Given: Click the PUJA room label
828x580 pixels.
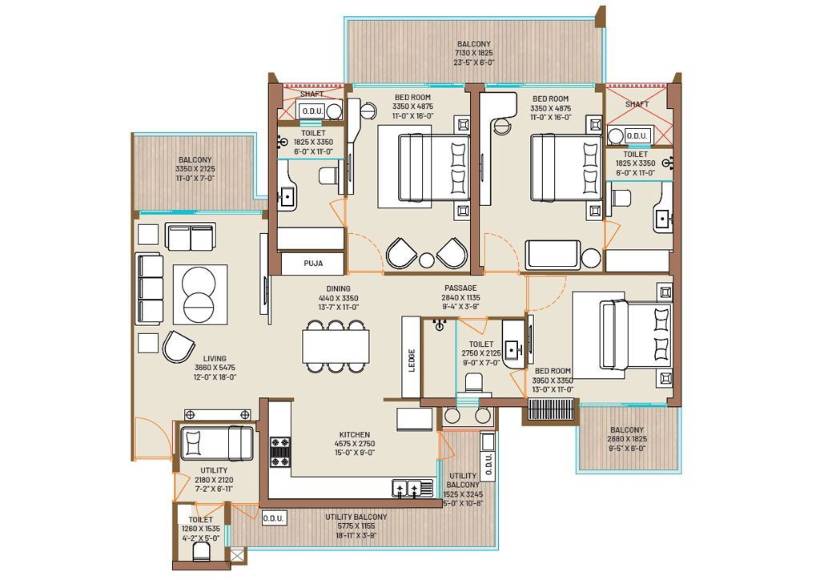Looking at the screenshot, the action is [313, 263].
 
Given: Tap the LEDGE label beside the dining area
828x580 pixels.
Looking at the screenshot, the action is [412, 360].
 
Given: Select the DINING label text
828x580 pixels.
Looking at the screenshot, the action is [339, 288].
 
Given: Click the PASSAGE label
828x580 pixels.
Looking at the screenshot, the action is [460, 288].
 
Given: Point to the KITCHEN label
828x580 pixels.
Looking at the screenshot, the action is [355, 434].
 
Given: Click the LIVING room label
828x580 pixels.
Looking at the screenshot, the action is [215, 358].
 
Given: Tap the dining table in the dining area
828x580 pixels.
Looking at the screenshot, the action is [336, 347].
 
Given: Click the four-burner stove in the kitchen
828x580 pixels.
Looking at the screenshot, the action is [280, 452].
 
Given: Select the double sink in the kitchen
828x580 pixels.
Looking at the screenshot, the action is [407, 489].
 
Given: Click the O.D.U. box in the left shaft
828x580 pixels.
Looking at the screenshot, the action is [312, 111].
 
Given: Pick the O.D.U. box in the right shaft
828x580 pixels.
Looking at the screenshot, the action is [637, 135].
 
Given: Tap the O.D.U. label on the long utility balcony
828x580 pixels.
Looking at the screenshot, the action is [274, 518].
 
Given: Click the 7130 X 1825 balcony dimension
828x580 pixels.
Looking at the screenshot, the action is [474, 53].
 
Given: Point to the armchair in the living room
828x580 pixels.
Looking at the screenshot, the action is [178, 347].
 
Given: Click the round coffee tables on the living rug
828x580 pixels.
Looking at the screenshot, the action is [198, 294].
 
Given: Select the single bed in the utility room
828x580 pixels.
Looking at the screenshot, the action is [217, 443].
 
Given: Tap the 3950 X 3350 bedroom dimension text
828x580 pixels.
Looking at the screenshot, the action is [553, 381].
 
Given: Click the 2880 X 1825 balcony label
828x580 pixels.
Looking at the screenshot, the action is [627, 439].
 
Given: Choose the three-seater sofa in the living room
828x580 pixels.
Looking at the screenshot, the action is [149, 288].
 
